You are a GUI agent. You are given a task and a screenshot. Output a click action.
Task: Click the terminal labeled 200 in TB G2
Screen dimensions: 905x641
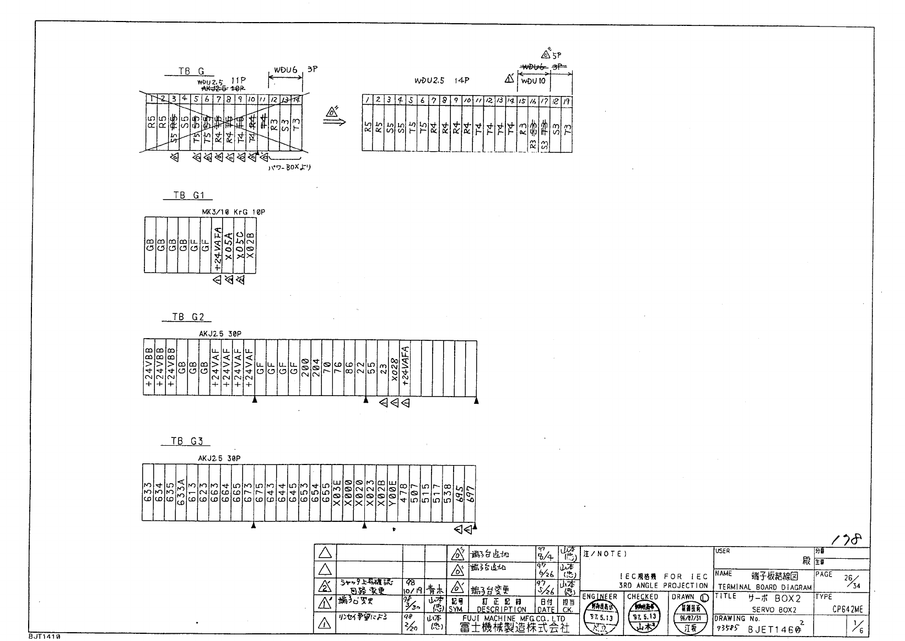[x=305, y=368]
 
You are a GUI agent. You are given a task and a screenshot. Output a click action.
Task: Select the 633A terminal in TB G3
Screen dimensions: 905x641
[x=181, y=492]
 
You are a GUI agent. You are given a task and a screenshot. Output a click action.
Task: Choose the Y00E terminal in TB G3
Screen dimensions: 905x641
[x=393, y=492]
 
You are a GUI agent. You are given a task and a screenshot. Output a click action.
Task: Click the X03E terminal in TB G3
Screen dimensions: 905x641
[x=337, y=492]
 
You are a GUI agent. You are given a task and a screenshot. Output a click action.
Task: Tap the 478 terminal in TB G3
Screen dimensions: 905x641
[x=403, y=492]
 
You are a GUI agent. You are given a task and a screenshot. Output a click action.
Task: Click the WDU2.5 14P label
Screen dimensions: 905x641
[x=441, y=81]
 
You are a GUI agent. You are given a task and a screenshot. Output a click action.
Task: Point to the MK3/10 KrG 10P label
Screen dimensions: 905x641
[x=234, y=212]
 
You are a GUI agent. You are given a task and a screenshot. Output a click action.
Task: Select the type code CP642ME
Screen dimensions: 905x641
[x=848, y=610]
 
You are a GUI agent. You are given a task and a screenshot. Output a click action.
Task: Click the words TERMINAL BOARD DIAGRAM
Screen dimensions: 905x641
[x=764, y=587]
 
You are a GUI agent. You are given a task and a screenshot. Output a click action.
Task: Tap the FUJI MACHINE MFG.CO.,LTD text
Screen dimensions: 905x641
[x=514, y=619]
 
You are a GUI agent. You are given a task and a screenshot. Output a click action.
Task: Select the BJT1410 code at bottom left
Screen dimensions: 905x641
[x=44, y=636]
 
